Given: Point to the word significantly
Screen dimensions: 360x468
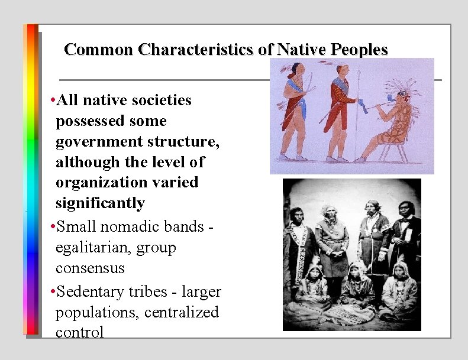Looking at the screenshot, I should coord(100,203).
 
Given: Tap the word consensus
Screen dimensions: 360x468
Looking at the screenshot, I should coord(90,268).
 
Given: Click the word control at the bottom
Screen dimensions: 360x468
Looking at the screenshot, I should coord(79,332).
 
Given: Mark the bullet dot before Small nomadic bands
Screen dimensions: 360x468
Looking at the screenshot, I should coord(53,227).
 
